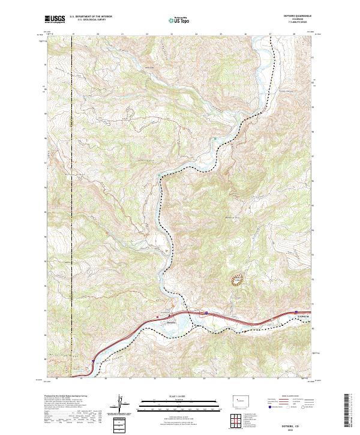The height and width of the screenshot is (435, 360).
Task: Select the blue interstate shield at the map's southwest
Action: [x=94, y=361]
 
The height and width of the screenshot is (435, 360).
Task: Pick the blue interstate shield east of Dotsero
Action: [x=205, y=312]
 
